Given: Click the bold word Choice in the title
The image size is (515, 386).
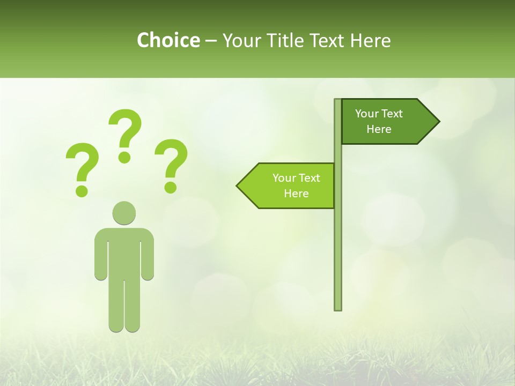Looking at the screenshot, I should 168,40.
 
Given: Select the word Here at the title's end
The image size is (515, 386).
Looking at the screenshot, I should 371,40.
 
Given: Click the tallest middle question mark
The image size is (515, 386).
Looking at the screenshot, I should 126,129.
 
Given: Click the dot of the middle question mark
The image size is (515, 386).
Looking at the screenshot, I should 125,157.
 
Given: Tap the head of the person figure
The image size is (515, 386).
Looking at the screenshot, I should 124,213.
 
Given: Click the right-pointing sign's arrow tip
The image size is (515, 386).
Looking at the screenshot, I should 437,122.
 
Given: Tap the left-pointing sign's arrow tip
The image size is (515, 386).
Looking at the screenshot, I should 239,186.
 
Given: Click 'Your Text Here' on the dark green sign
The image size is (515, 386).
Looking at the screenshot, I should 379,121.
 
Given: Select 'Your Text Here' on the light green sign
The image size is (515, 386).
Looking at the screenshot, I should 296,185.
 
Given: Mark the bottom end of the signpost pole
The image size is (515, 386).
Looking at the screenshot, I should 338,308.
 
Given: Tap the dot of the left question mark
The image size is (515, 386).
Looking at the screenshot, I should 82,191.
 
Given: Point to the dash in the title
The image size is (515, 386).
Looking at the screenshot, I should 211,41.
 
